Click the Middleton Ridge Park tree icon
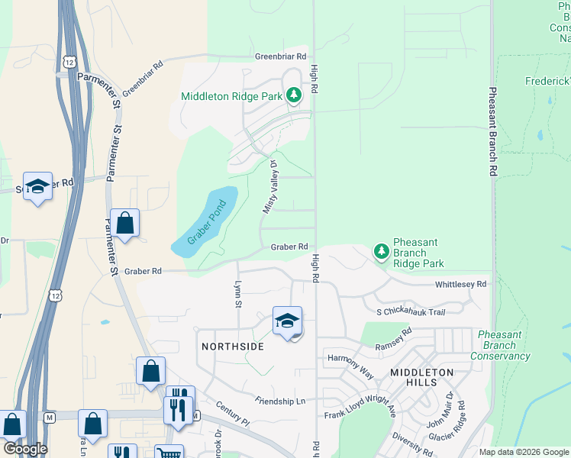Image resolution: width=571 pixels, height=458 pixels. click(294, 96)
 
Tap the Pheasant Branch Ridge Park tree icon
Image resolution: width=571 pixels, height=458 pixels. click(381, 251)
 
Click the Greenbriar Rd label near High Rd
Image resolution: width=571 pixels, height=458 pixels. click(280, 56)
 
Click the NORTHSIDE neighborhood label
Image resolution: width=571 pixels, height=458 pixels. click(232, 347)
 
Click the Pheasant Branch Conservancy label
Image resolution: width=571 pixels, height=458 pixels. click(500, 345)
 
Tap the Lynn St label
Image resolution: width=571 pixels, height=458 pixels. click(237, 293)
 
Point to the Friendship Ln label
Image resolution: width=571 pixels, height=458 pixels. click(279, 401)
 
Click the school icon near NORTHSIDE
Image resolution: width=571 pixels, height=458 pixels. click(287, 321)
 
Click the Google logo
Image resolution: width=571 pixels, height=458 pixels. click(24, 448)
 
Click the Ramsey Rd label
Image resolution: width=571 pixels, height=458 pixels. click(393, 340)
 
